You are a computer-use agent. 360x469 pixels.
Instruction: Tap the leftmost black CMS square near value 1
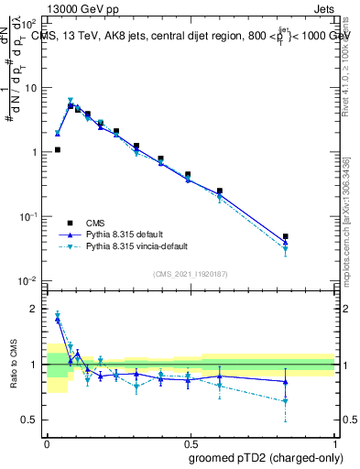58,149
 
